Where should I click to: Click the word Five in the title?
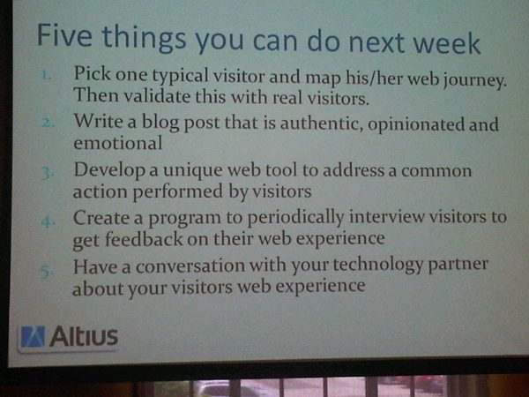(x=64, y=35)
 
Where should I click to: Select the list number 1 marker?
(x=47, y=75)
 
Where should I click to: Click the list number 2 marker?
(x=48, y=123)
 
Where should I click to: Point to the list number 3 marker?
(x=47, y=173)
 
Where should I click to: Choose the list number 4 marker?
(x=48, y=222)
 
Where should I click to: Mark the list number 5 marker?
(x=47, y=271)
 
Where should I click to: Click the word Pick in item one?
(x=93, y=72)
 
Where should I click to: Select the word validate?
(x=157, y=96)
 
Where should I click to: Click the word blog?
(x=160, y=122)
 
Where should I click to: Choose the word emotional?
(x=118, y=142)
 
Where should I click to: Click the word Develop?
(x=109, y=170)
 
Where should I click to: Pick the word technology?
(x=378, y=266)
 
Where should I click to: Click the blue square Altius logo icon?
(x=33, y=336)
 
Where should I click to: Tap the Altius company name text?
(x=84, y=336)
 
